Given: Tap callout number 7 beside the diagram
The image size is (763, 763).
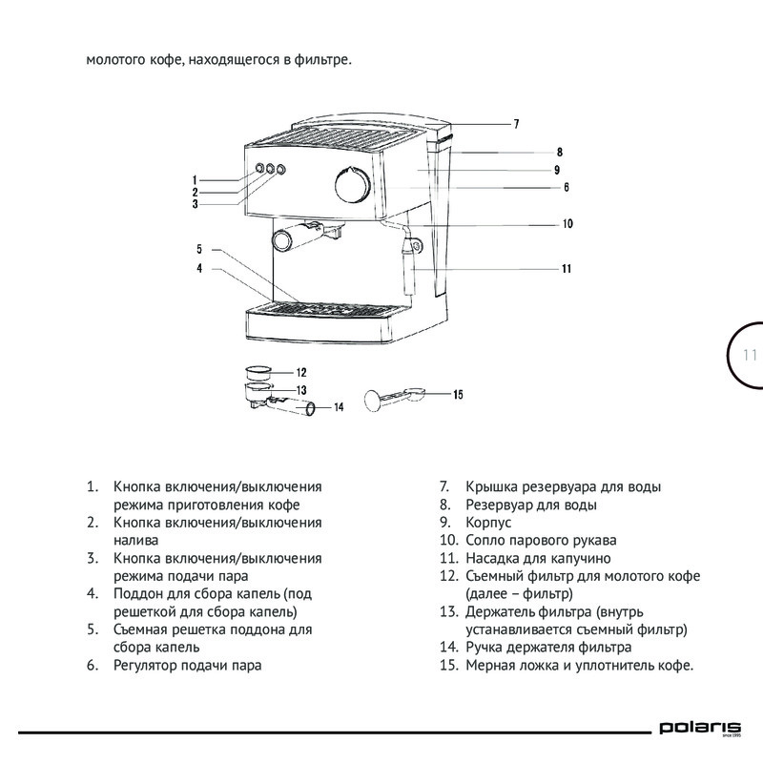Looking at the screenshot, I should pyautogui.click(x=515, y=124).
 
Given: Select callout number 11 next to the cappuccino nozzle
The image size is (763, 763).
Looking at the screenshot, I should pyautogui.click(x=566, y=269).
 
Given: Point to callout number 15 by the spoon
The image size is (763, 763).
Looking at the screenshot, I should pyautogui.click(x=458, y=394).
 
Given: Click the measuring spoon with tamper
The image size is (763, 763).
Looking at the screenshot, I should pyautogui.click(x=391, y=396).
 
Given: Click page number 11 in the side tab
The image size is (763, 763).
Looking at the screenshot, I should pyautogui.click(x=749, y=356).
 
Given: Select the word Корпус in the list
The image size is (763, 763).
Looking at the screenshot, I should pyautogui.click(x=488, y=522).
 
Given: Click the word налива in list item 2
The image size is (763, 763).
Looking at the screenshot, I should pyautogui.click(x=134, y=540).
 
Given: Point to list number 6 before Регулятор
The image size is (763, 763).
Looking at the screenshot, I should pyautogui.click(x=93, y=665).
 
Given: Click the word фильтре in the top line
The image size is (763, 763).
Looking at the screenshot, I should pyautogui.click(x=322, y=62).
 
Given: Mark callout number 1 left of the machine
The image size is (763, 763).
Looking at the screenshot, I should pyautogui.click(x=194, y=179).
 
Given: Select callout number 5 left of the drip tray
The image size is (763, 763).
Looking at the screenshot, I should pyautogui.click(x=200, y=249).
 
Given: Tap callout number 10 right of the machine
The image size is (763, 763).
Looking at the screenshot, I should pyautogui.click(x=567, y=225).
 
